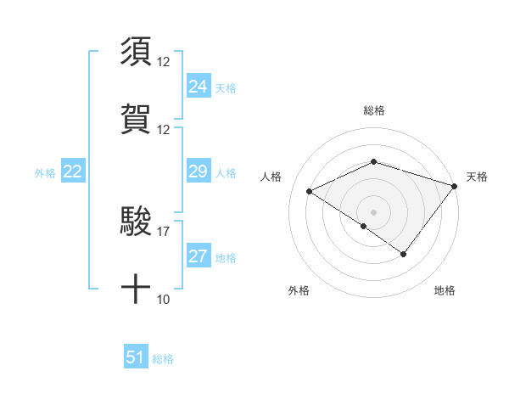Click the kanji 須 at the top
coord(136,51)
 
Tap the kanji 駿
coord(136,222)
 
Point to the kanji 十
coord(136,289)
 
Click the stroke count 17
coord(164,231)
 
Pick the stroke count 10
coord(164,299)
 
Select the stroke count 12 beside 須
coord(164,62)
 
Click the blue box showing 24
coord(198,87)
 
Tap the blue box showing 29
coord(198,171)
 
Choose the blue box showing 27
coord(198,256)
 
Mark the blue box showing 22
coord(72,171)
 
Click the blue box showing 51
coord(136,357)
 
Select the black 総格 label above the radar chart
coord(374,110)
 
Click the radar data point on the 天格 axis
coord(455,186)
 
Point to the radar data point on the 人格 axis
coord(310,191)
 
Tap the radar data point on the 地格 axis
coord(404,254)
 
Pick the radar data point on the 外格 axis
coord(364,226)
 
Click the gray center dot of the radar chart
coord(374,211)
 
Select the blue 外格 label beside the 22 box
coord(45,172)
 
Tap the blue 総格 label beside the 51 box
coord(163,359)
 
